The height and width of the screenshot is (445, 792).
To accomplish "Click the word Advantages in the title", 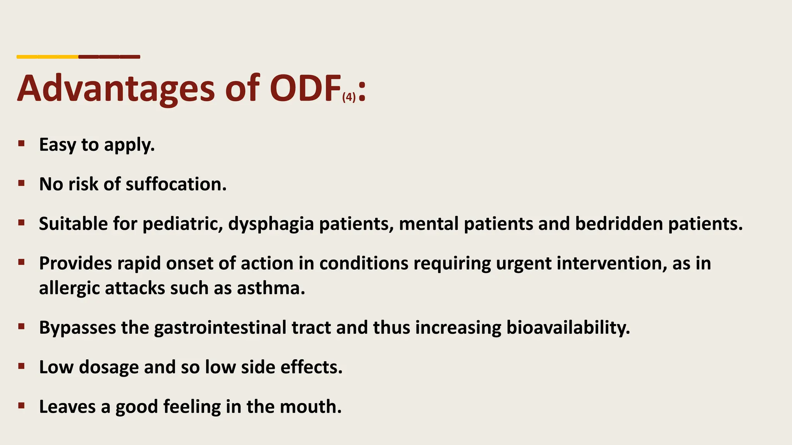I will [x=116, y=89].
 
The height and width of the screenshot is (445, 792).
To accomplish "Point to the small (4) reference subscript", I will [x=349, y=97].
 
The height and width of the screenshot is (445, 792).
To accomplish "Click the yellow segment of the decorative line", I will [x=47, y=57].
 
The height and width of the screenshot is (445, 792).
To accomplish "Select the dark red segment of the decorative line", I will [x=109, y=57].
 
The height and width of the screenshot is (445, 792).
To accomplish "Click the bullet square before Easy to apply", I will [x=21, y=144].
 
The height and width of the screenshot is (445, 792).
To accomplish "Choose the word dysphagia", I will [x=271, y=224].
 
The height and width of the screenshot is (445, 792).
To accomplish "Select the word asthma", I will [x=271, y=288].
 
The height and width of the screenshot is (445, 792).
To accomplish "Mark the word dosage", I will [x=109, y=367].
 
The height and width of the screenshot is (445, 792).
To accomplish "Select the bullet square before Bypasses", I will [x=21, y=327].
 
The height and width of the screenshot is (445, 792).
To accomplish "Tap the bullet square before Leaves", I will [x=21, y=406].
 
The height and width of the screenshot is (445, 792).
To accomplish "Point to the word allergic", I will [x=69, y=288].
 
